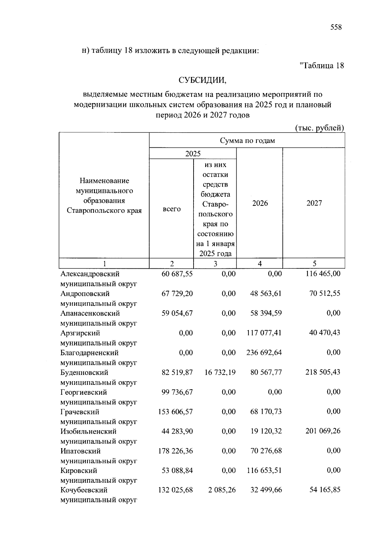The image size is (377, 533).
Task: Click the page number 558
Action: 336,27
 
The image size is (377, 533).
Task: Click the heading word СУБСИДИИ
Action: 202,80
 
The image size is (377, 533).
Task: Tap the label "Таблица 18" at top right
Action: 322,65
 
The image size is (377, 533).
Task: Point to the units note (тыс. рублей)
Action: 320,128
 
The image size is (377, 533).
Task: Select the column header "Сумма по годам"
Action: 247,140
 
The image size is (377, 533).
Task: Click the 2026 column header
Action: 260,203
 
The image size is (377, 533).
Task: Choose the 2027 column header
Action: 314,203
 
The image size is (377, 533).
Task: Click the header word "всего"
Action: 171,209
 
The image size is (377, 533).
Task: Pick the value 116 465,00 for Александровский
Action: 323,274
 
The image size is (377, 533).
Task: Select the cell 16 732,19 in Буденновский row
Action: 220,372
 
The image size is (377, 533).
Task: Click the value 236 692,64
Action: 264,353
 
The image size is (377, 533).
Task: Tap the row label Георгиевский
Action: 84,392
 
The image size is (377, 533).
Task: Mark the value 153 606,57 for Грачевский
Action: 176,412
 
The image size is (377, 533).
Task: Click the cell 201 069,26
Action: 323,431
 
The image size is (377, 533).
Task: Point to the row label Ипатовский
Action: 80,451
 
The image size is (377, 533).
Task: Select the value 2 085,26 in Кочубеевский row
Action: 222,490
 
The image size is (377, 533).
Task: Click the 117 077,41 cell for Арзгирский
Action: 264,333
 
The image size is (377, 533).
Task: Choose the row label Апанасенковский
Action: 90,313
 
